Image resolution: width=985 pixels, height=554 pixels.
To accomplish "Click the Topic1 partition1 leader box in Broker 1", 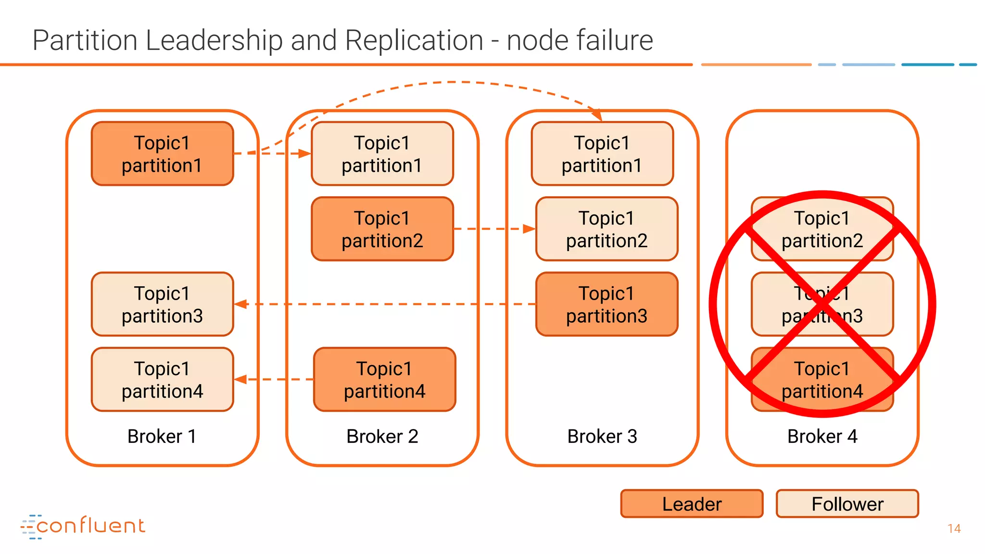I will pyautogui.click(x=162, y=153).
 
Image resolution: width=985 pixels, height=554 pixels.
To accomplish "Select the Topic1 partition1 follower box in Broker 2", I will pyautogui.click(x=382, y=153).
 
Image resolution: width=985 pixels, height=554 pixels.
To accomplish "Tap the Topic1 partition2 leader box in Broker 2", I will pyautogui.click(x=382, y=229).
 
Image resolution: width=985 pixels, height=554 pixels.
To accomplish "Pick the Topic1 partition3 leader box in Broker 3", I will pyautogui.click(x=606, y=304).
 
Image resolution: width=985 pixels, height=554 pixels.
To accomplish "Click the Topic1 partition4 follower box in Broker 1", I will pyautogui.click(x=162, y=379).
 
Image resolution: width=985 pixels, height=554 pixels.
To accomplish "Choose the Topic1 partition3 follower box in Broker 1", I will pyautogui.click(x=162, y=304).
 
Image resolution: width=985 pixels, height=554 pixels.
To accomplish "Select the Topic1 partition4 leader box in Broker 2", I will pyautogui.click(x=384, y=379).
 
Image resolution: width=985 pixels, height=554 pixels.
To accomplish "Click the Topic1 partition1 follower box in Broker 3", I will pyautogui.click(x=602, y=153).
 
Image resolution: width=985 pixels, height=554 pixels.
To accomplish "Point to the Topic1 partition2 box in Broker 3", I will pyautogui.click(x=606, y=229).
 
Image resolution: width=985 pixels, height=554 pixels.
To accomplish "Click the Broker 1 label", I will pyautogui.click(x=162, y=436).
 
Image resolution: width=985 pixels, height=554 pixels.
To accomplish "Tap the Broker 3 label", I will pyautogui.click(x=602, y=436).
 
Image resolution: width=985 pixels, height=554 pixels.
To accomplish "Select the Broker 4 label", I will pyautogui.click(x=822, y=436).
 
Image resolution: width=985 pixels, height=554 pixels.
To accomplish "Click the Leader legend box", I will pyautogui.click(x=692, y=504).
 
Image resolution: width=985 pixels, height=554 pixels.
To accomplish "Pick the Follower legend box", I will pyautogui.click(x=847, y=504).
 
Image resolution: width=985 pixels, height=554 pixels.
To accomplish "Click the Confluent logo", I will pyautogui.click(x=83, y=526).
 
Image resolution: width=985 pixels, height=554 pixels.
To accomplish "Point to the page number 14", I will pyautogui.click(x=954, y=529).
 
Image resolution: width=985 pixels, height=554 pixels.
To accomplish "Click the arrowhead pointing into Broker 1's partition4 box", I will pyautogui.click(x=240, y=379).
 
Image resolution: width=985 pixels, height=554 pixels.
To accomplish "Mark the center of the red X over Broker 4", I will pyautogui.click(x=822, y=304).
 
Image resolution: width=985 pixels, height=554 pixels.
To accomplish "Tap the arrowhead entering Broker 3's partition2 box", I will pyautogui.click(x=529, y=229).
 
